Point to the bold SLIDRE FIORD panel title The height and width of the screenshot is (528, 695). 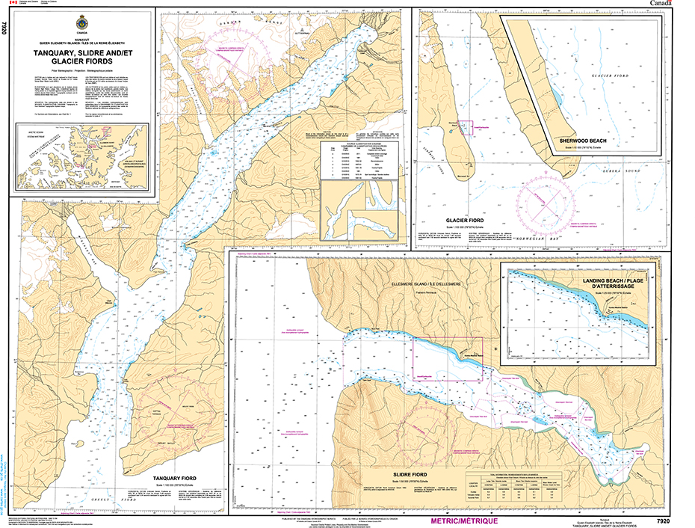tap(409, 474)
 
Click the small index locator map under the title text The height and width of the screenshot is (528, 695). tap(82, 156)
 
